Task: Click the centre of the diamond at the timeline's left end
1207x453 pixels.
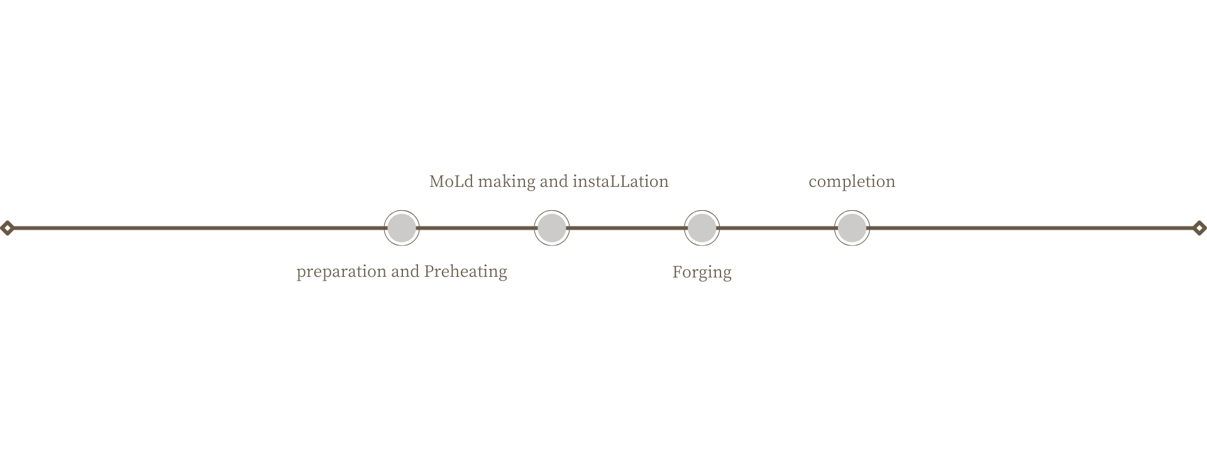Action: (x=7, y=228)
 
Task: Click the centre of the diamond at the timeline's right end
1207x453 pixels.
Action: (x=1199, y=228)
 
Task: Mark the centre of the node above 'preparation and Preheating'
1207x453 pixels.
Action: (x=402, y=228)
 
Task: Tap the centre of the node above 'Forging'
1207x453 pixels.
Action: (x=702, y=228)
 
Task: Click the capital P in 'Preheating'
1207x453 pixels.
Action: (x=429, y=271)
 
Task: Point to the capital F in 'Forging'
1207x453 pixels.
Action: (x=677, y=272)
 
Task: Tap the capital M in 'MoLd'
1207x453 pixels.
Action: (x=437, y=181)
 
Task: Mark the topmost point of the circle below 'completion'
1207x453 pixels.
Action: (x=852, y=210)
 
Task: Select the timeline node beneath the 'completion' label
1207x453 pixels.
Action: (x=852, y=228)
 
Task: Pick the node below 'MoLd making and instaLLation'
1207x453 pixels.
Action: (x=552, y=228)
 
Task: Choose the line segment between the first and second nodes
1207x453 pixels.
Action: (x=477, y=228)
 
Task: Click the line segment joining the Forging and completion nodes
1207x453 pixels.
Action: (x=776, y=228)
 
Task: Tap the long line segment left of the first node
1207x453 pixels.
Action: (x=199, y=228)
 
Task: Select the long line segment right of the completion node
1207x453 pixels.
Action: (x=1031, y=228)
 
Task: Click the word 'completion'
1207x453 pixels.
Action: (x=852, y=182)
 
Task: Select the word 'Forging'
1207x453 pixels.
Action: (x=702, y=272)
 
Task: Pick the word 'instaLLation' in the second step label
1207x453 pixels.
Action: (x=620, y=181)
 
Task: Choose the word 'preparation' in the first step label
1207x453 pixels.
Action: (x=341, y=272)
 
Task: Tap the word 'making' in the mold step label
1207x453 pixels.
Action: (x=507, y=182)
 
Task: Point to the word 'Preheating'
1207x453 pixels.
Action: (x=466, y=272)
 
